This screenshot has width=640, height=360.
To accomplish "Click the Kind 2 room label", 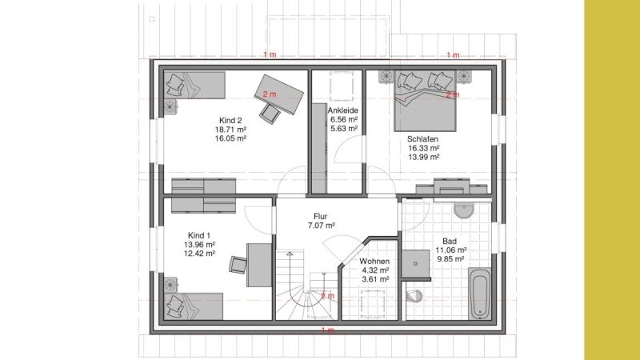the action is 230,121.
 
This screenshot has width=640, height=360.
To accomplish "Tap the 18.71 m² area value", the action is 230,130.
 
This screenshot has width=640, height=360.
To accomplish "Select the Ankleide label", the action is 343,110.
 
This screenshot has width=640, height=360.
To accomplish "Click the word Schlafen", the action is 423,139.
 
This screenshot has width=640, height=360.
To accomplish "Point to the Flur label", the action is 321,216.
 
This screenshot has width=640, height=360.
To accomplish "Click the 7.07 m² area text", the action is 322,226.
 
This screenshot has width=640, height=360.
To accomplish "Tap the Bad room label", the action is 450,242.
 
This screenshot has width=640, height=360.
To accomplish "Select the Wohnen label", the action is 374,262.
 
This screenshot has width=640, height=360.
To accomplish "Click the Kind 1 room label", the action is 199,235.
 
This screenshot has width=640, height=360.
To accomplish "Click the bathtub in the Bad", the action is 479,294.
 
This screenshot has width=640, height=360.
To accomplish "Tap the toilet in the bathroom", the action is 414,296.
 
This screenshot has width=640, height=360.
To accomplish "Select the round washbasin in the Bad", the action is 464,210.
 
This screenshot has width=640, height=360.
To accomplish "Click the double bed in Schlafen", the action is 425,101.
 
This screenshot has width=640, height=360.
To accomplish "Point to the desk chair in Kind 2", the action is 270,113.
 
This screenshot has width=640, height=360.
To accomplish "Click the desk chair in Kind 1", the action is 238,265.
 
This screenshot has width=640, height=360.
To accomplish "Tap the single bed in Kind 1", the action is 194,306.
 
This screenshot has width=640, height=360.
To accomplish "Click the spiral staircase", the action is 307,285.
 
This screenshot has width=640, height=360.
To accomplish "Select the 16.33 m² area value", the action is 424,148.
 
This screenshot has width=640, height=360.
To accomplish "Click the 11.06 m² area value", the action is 450,250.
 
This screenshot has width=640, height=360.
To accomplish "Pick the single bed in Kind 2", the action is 194,85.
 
